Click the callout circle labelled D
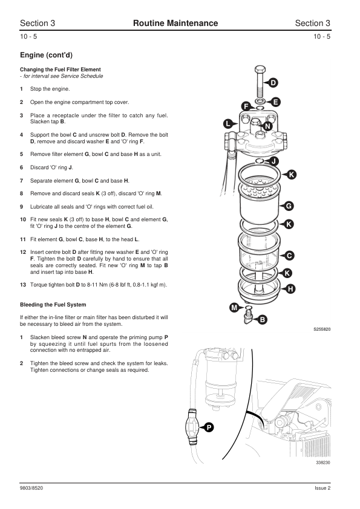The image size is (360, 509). pyautogui.click(x=273, y=83)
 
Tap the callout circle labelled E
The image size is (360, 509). pyautogui.click(x=275, y=102)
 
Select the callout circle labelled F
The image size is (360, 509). pyautogui.click(x=246, y=106)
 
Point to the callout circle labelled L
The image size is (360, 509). pyautogui.click(x=227, y=124)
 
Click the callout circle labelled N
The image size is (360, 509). pyautogui.click(x=267, y=126)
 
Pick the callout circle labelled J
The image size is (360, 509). pyautogui.click(x=274, y=161)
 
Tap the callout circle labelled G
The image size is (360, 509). pyautogui.click(x=289, y=206)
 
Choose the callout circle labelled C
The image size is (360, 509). pyautogui.click(x=289, y=256)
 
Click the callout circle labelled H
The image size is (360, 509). pyautogui.click(x=290, y=289)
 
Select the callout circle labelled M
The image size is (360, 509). pyautogui.click(x=234, y=308)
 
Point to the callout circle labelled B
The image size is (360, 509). pyautogui.click(x=262, y=320)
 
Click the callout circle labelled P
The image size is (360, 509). pyautogui.click(x=209, y=427)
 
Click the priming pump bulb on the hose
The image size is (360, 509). pyautogui.click(x=191, y=426)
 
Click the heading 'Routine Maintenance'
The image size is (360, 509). pyautogui.click(x=175, y=23)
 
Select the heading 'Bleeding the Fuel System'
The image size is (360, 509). pyautogui.click(x=53, y=305)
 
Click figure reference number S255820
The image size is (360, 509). pyautogui.click(x=322, y=329)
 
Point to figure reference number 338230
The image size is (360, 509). pyautogui.click(x=323, y=462)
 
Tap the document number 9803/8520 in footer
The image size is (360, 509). pyautogui.click(x=31, y=488)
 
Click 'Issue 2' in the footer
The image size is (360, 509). pyautogui.click(x=322, y=488)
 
